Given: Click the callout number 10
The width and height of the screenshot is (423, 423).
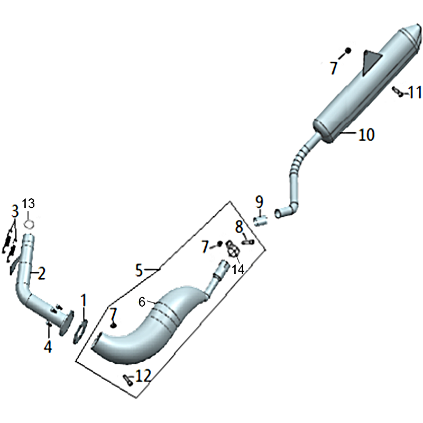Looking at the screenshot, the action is click(x=366, y=134).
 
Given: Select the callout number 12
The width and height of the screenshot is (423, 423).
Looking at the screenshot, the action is click(x=143, y=375).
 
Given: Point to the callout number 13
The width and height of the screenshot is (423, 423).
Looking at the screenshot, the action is click(x=29, y=204).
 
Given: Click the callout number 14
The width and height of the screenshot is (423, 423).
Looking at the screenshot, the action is click(x=238, y=269).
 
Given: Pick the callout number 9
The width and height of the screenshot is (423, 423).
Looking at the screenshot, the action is click(x=259, y=202).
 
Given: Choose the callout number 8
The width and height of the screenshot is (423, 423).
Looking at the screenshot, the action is click(x=240, y=227).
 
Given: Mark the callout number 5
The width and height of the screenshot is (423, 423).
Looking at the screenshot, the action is click(x=139, y=270).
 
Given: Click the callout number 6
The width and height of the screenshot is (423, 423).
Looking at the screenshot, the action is click(x=142, y=302).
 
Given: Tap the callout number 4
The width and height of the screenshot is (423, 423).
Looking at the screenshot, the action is click(x=48, y=346).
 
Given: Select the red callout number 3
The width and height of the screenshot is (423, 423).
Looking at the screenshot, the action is click(x=15, y=212).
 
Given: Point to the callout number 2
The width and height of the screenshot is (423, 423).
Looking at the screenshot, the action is click(x=41, y=273).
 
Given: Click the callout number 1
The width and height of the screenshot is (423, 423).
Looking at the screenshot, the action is click(x=84, y=300).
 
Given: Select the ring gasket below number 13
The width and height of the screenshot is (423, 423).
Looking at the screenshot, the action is click(x=29, y=224).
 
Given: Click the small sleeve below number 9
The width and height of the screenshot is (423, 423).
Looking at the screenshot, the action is click(x=260, y=220).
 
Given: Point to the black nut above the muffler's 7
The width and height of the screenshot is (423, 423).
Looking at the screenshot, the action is click(x=348, y=50).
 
